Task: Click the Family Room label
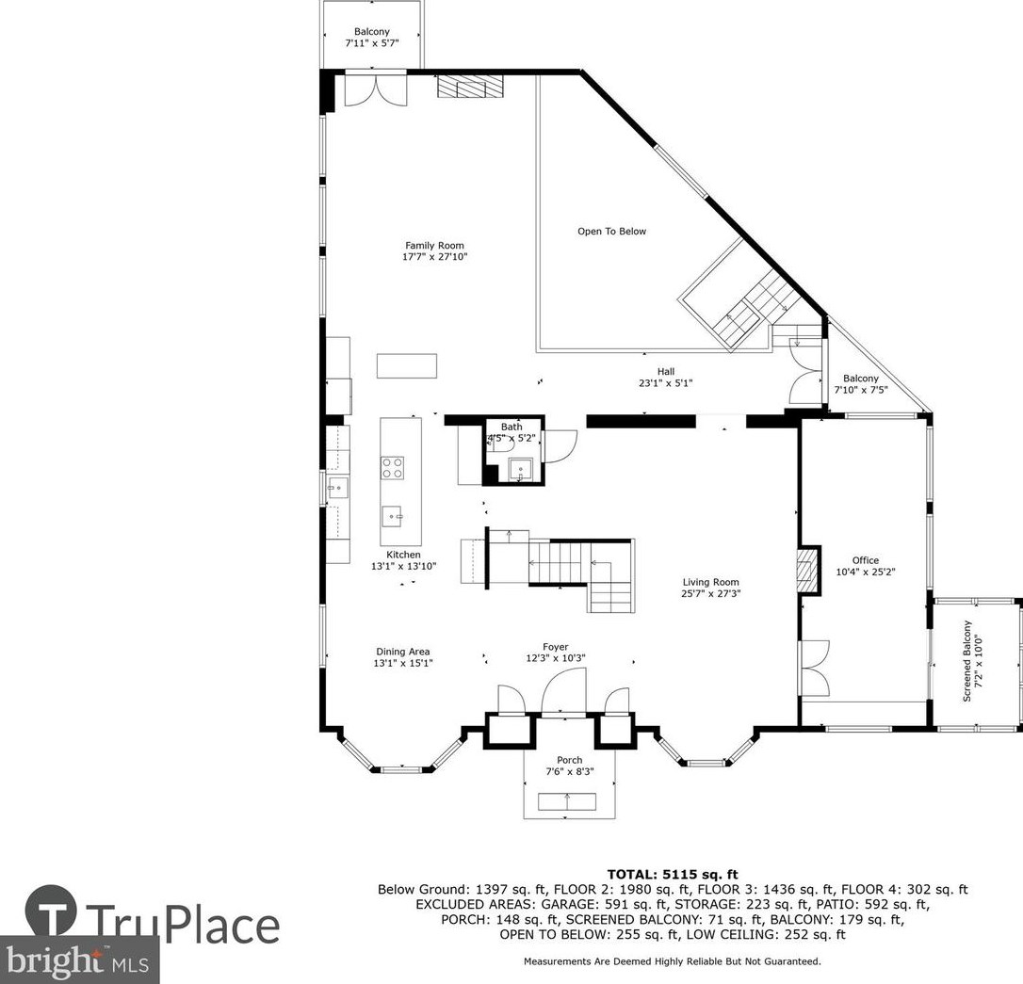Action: [434, 245]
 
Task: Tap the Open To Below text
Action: [612, 231]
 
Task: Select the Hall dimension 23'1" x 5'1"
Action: [665, 383]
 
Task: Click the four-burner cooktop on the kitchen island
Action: [392, 468]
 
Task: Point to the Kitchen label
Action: [403, 555]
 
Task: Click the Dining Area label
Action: [402, 652]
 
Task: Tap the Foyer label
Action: [555, 647]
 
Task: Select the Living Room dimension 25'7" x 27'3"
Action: [711, 593]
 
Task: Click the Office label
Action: [865, 560]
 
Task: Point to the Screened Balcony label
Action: [966, 661]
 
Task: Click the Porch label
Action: [570, 760]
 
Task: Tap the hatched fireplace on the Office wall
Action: [807, 570]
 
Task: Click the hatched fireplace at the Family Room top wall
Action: [470, 86]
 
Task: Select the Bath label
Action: [511, 427]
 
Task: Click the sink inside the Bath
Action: [521, 470]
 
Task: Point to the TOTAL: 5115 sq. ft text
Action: [673, 875]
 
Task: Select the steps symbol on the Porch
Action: [567, 801]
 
